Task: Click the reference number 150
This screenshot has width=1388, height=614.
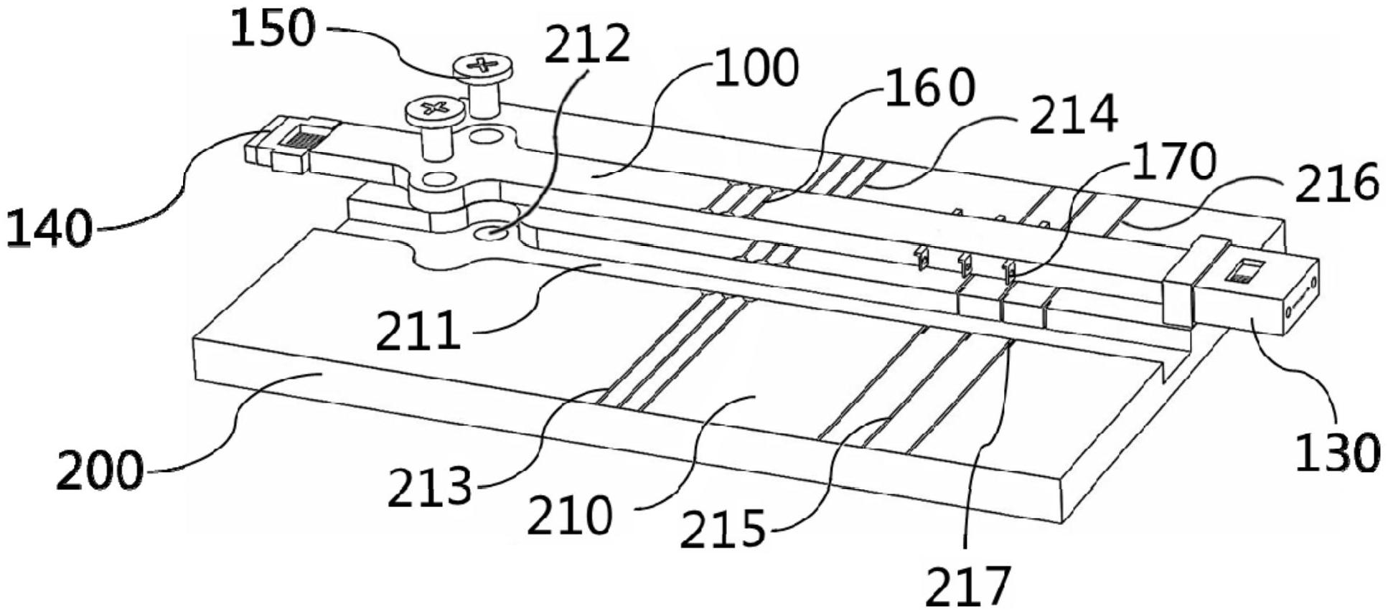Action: [x=273, y=30]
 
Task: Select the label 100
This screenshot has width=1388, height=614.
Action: [x=756, y=69]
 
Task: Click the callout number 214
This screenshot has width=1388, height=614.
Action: [x=1073, y=115]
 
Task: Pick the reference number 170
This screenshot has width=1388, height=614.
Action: [x=1173, y=161]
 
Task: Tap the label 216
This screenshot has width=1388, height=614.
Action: [x=1336, y=182]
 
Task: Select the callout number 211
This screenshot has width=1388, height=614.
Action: [x=418, y=331]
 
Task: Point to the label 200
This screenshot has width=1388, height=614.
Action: [x=99, y=471]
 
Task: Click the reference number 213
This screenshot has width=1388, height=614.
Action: [x=430, y=488]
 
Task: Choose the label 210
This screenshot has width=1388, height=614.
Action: [x=570, y=515]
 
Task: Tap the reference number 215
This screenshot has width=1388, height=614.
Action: [x=723, y=529]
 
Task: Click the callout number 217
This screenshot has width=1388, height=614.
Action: [x=967, y=585]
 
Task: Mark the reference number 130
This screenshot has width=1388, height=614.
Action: [x=1336, y=452]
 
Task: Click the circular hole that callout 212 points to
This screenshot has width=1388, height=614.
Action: [x=492, y=232]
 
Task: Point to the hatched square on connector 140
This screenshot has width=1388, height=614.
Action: [x=301, y=138]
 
